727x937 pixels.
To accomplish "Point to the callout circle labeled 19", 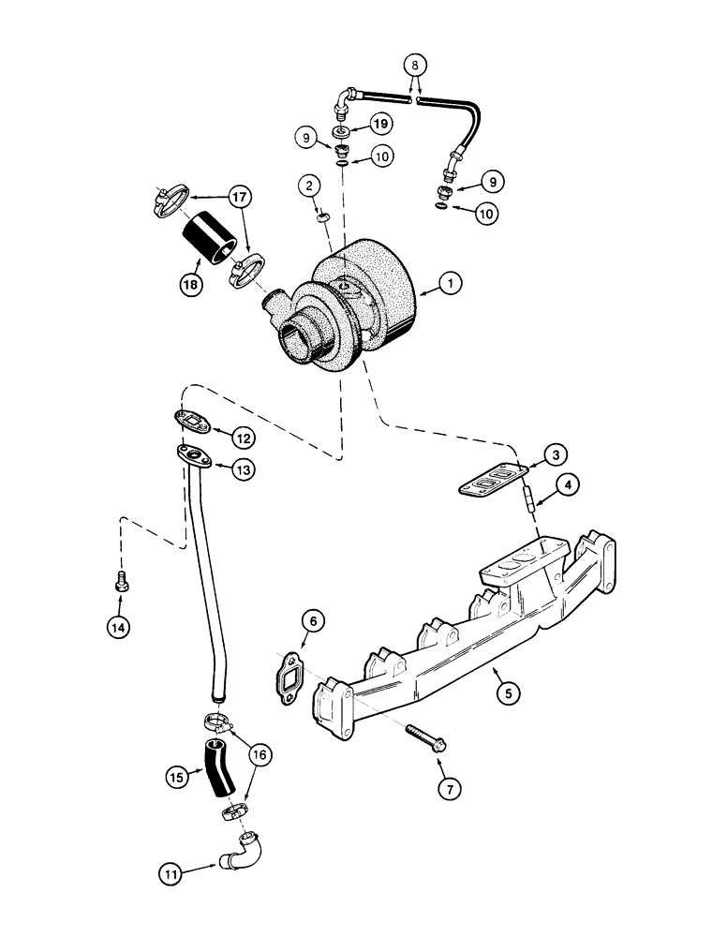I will pos(379,122).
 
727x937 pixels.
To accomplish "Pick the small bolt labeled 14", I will pos(120,581).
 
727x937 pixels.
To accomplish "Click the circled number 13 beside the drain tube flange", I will pos(243,470).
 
